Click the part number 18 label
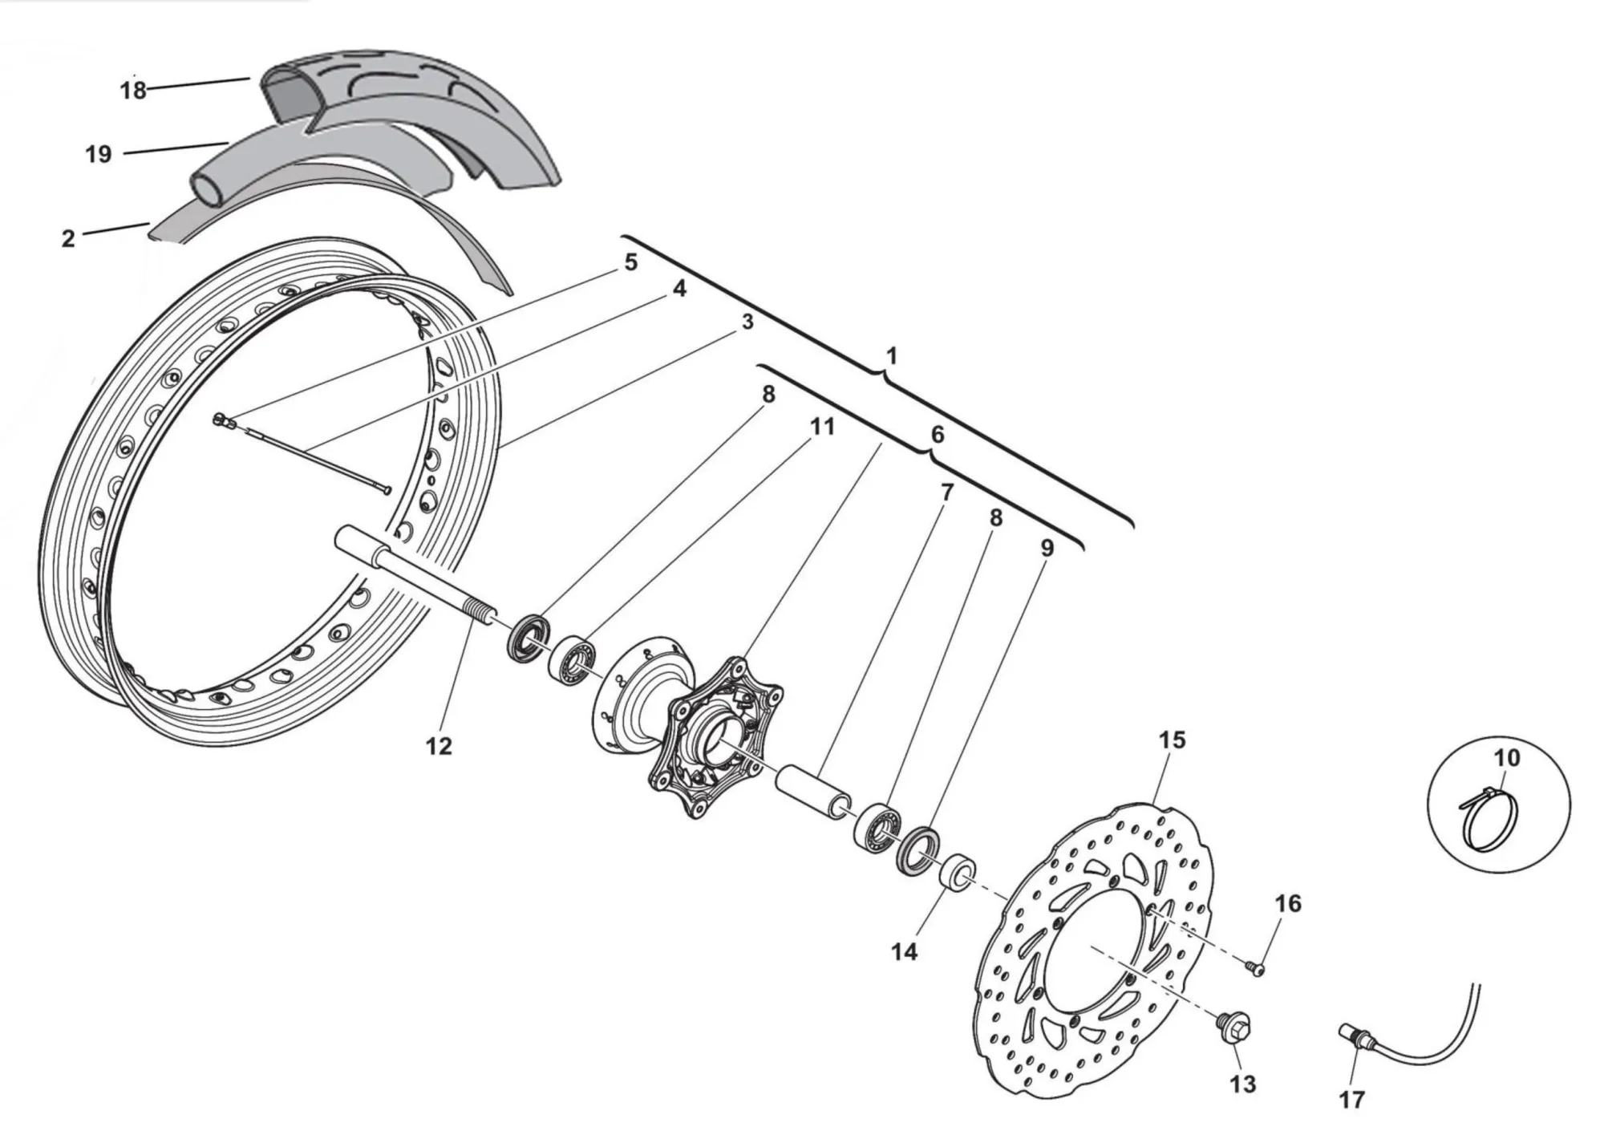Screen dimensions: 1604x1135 [133, 90]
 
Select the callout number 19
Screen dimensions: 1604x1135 [99, 154]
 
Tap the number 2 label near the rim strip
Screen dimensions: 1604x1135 [68, 238]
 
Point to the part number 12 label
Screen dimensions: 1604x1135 [439, 746]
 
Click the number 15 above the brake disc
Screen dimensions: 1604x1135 [1172, 740]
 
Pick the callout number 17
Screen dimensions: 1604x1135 [1351, 1099]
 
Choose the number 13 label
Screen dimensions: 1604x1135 [1241, 1084]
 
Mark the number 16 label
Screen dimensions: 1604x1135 [1288, 903]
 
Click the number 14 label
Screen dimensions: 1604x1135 [904, 952]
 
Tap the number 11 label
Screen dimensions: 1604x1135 [822, 427]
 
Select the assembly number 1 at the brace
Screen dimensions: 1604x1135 [891, 355]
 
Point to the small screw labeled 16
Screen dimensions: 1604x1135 [1256, 969]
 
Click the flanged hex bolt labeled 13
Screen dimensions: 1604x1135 [1233, 1024]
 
